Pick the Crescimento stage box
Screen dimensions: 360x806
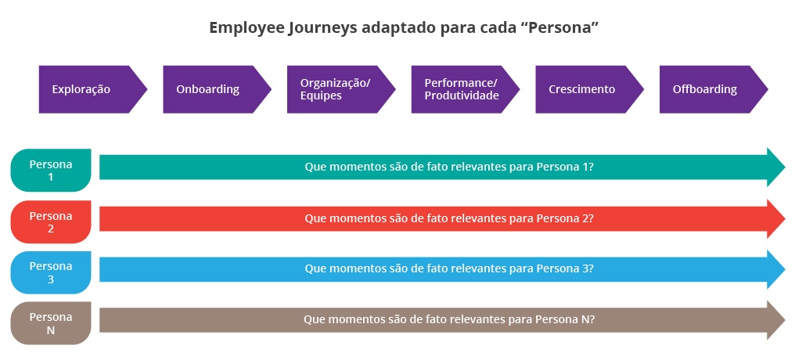[584, 89]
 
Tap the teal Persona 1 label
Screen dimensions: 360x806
[51, 171]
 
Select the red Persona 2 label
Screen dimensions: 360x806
[51, 222]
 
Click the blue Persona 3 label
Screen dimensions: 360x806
[51, 272]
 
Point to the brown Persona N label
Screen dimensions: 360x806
[51, 323]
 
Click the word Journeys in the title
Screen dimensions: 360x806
[317, 27]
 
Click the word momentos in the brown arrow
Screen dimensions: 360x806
[355, 320]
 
